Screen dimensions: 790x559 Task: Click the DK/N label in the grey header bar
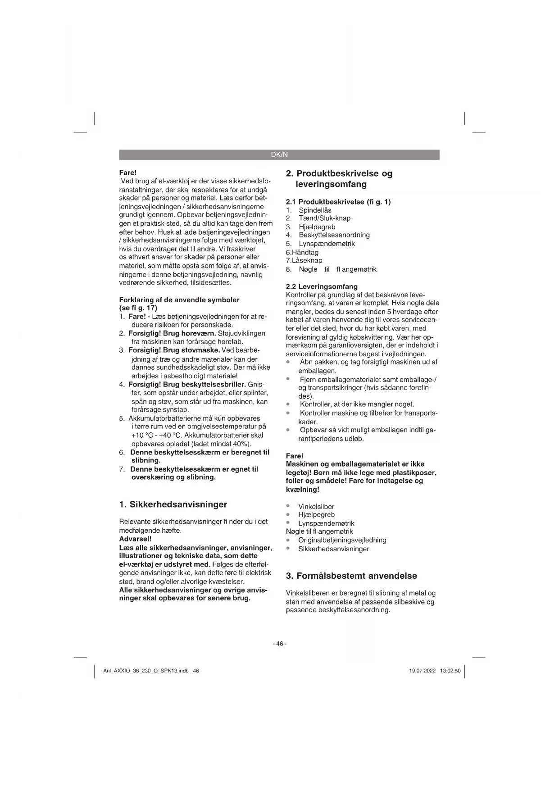pyautogui.click(x=279, y=154)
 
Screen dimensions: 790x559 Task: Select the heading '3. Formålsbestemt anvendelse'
pyautogui.click(x=351, y=576)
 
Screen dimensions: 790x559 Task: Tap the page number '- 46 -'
pyautogui.click(x=279, y=644)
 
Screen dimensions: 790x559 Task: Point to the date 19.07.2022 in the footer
pyautogui.click(x=422, y=671)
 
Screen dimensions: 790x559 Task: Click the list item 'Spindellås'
pyautogui.click(x=315, y=210)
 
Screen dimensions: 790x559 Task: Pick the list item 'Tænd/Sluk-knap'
pyautogui.click(x=324, y=218)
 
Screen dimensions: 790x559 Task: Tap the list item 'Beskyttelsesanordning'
pyautogui.click(x=334, y=235)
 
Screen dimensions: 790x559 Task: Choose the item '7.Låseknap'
pyautogui.click(x=304, y=260)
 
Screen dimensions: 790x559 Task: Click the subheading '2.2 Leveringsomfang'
pyautogui.click(x=322, y=286)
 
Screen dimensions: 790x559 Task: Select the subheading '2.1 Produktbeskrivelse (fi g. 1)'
pyautogui.click(x=338, y=202)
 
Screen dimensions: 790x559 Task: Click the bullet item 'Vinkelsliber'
pyautogui.click(x=316, y=507)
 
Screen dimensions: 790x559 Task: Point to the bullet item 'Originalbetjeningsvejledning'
pyautogui.click(x=342, y=540)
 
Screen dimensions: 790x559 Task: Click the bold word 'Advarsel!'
pyautogui.click(x=135, y=539)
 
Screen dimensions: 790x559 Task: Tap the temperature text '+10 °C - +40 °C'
pyautogui.click(x=156, y=436)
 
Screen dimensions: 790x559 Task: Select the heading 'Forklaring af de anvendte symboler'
pyautogui.click(x=179, y=300)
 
